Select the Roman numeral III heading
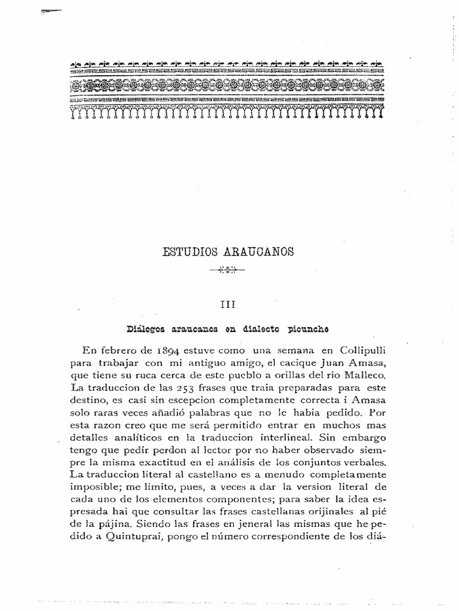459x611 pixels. (229, 304)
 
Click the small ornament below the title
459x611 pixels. (229, 270)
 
